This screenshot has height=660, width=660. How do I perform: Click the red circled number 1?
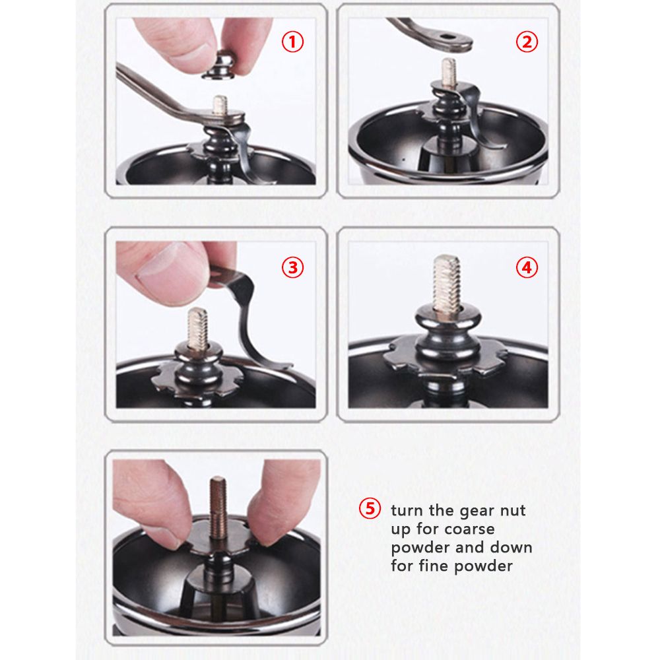coord(292,42)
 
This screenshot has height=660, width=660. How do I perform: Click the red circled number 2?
coord(527,42)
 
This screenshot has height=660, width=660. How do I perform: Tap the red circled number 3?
coord(292,267)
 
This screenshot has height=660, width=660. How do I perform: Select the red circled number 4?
coord(527,267)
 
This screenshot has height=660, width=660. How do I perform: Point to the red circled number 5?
coord(369,508)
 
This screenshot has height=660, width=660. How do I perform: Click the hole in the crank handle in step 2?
coord(448,37)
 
